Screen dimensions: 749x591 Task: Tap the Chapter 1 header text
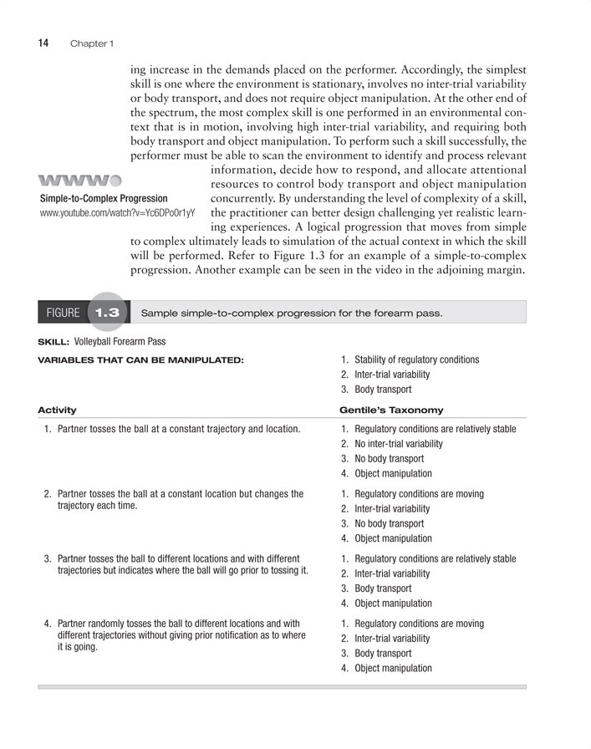(92, 43)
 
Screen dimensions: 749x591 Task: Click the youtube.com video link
(117, 213)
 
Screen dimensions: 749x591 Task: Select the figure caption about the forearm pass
(291, 313)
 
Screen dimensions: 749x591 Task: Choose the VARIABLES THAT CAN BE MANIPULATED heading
(140, 360)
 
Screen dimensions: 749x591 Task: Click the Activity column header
(57, 410)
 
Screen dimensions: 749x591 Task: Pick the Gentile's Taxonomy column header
(391, 410)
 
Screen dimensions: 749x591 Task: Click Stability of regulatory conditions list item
(416, 359)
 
